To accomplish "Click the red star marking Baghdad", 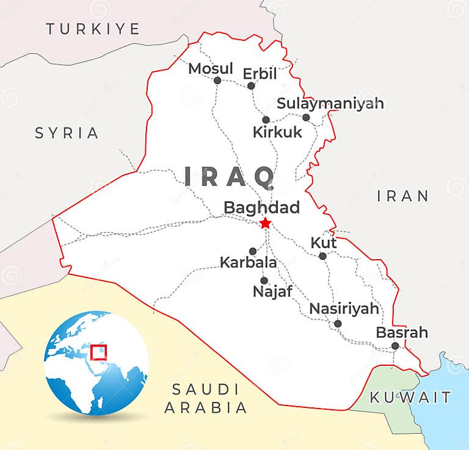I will [265, 224].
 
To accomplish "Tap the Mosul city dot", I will [217, 80].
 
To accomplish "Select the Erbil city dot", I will [251, 85].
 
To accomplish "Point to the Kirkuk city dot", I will [266, 120].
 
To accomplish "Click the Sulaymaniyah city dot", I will [306, 117].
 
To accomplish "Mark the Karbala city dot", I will [253, 251].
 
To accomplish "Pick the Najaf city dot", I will [264, 280].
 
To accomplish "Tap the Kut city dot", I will [323, 256].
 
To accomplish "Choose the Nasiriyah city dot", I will [338, 324].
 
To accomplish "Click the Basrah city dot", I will [395, 346].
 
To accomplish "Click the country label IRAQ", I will [230, 177].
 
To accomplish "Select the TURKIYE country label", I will [93, 29].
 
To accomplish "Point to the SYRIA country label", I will [67, 133].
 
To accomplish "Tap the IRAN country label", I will [402, 196].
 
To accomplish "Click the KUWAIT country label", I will [410, 398].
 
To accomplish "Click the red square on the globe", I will [98, 353].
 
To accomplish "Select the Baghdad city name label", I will [261, 208].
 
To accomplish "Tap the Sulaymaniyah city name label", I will [330, 104].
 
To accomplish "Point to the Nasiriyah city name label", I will [344, 309].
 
